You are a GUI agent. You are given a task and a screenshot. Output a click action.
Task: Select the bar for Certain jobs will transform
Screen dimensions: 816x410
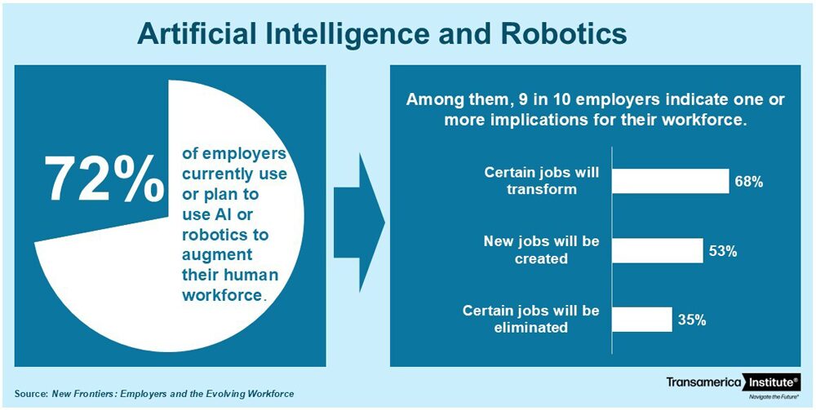click(670, 181)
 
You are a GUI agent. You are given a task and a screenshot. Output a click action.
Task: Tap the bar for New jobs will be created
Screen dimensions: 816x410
click(657, 250)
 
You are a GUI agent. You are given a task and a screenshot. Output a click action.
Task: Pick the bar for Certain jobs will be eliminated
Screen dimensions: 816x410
click(641, 320)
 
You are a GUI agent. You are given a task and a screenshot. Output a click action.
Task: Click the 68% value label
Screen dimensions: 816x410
click(748, 182)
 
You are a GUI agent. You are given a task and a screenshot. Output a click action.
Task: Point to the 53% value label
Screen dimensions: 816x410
click(723, 252)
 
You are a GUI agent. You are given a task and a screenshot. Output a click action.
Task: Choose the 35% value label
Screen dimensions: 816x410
click(692, 320)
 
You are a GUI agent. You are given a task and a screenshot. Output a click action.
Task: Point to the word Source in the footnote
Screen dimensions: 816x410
click(31, 394)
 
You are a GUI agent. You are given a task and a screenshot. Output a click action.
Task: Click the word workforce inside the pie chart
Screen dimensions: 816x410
click(221, 295)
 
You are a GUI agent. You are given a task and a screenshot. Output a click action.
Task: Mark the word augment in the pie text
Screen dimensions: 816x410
click(217, 255)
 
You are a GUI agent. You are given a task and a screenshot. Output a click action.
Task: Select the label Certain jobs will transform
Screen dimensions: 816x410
click(541, 181)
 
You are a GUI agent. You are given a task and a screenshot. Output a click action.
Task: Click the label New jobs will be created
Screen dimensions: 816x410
click(541, 250)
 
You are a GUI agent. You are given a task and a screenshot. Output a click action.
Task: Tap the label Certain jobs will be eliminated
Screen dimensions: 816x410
click(531, 319)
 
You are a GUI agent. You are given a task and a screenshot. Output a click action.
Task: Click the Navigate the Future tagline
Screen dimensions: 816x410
click(774, 396)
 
